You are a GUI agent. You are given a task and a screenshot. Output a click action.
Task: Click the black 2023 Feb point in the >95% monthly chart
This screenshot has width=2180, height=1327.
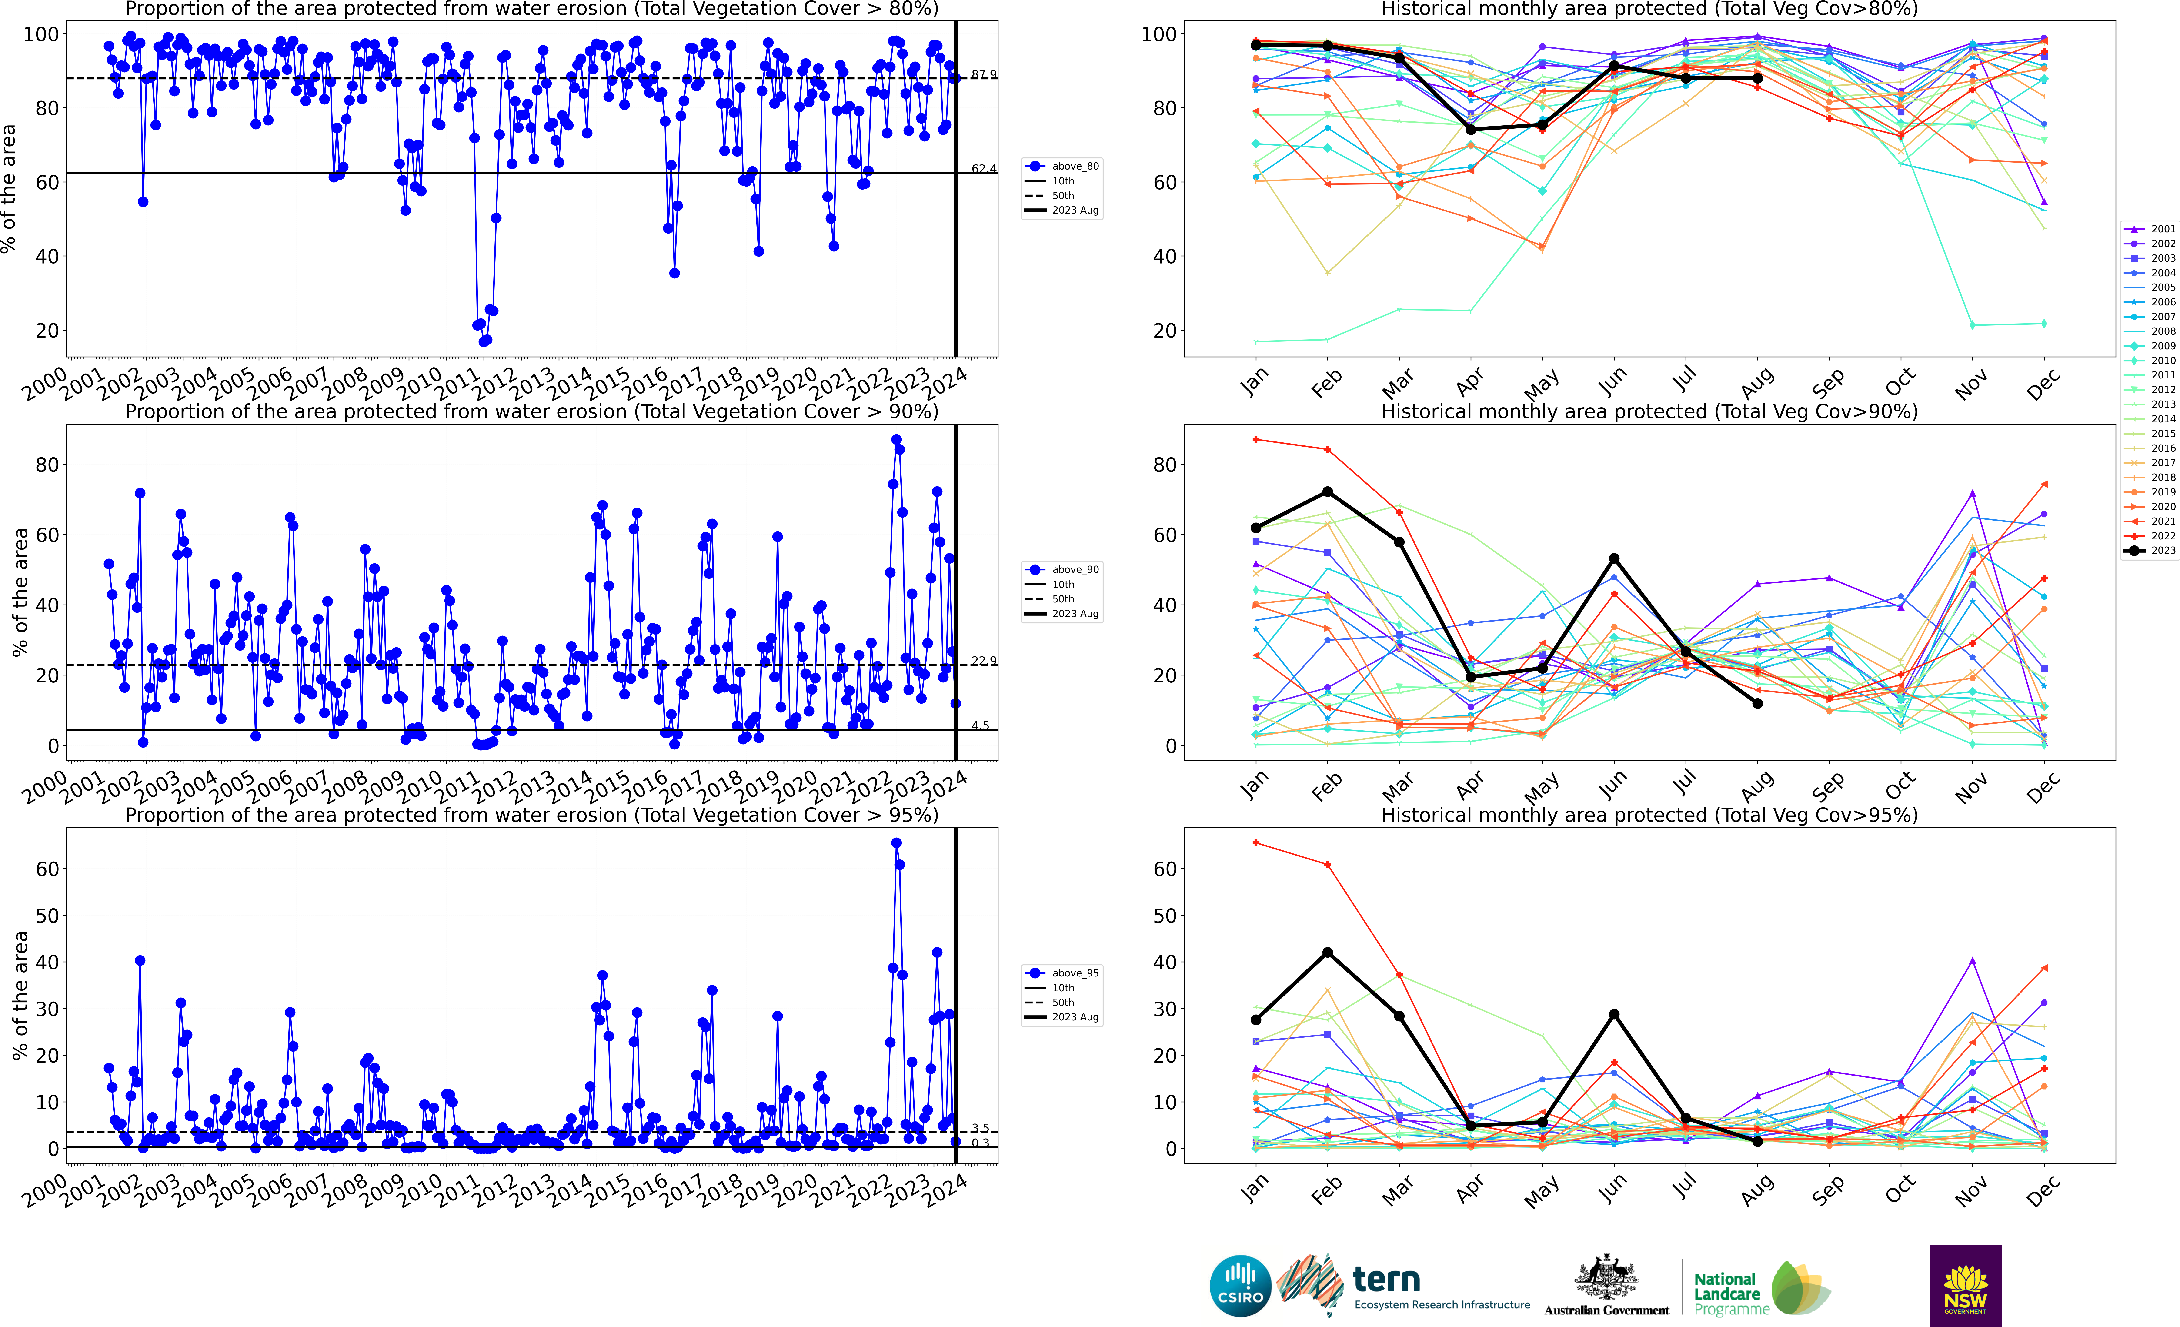[x=1327, y=953]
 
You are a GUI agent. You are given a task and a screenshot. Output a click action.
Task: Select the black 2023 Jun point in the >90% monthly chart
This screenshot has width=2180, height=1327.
[x=1614, y=558]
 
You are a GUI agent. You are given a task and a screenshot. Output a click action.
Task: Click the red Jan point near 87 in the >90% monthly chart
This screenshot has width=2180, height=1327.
[x=1255, y=440]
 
